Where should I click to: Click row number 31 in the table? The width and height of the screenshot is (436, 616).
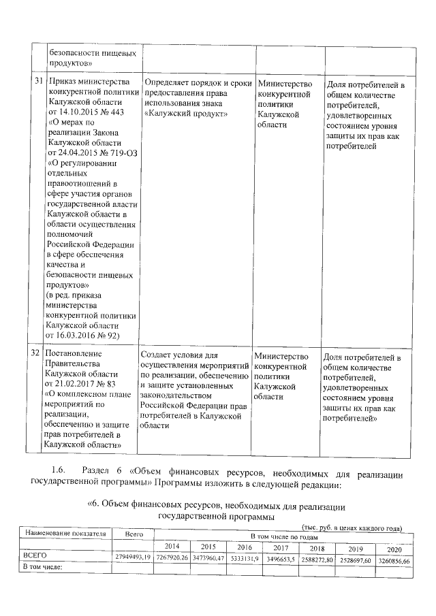(x=37, y=82)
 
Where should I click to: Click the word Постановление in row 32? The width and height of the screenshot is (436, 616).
(x=73, y=353)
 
